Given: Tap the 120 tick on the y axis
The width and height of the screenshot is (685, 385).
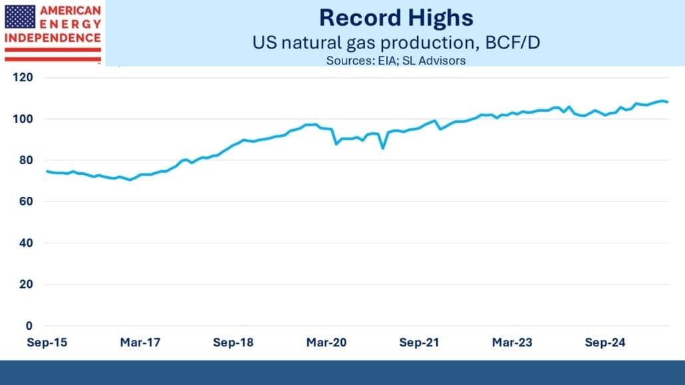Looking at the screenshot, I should coord(24,78).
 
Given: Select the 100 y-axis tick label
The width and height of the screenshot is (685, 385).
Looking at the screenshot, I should coord(24,119).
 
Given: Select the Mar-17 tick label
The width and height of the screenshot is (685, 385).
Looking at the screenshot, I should coord(140,343).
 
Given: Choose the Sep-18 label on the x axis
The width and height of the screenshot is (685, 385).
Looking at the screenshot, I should coord(233,343).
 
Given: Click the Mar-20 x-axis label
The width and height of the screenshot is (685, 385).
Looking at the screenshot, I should coord(327,343).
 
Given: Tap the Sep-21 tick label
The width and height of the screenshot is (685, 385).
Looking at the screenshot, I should coord(419,343).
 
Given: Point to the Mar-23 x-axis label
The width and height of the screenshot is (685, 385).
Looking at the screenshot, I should coord(511,343).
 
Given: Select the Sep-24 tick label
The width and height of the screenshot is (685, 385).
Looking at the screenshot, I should coord(605,343).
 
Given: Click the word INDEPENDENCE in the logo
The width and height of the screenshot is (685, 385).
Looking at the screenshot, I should coord(53,38).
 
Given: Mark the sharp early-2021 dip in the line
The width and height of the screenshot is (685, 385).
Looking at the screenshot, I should coord(382,148).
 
